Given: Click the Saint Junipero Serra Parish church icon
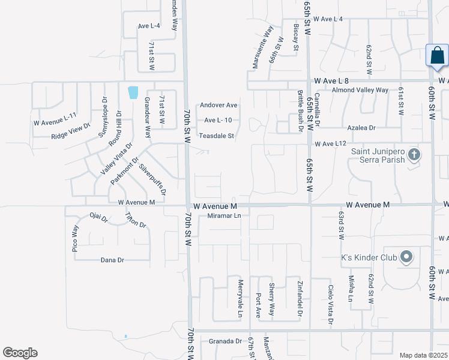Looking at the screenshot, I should coord(414,155).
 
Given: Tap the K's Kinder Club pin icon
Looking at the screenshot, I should coord(406,257).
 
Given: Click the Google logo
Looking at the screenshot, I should coord(20,353).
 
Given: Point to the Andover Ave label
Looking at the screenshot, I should coord(218,105).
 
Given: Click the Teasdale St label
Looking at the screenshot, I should coord(216,136).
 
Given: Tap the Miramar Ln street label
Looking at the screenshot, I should coord(223,215).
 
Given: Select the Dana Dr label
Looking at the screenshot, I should coord(112,260).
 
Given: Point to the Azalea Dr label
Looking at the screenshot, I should coord(361,128).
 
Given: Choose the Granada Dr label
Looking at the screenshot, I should coord(225,341).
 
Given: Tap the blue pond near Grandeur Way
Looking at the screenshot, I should coord(133,92).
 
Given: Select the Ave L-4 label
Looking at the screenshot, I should coord(149,26).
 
